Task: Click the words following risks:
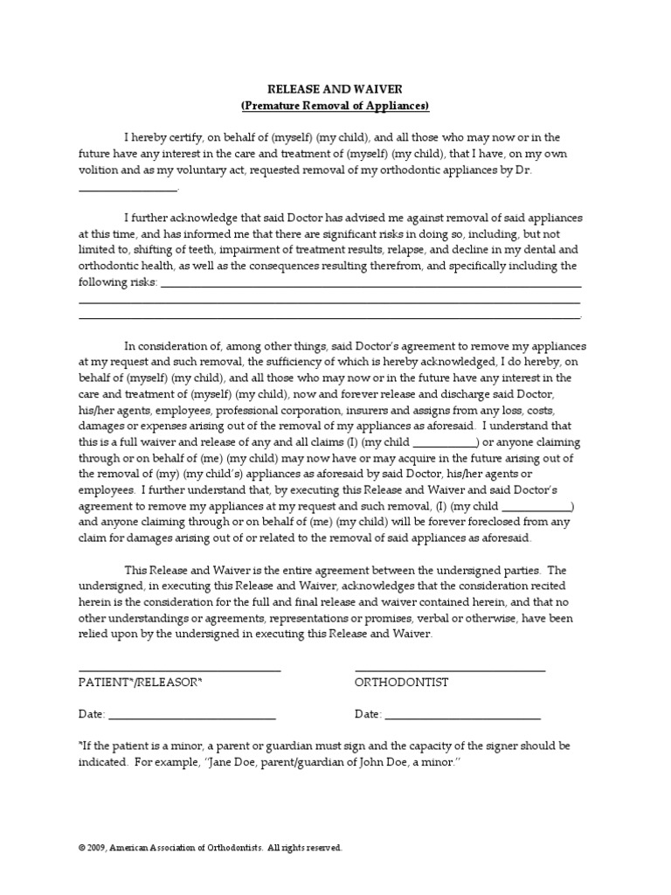point(117,282)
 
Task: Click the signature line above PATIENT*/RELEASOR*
point(179,670)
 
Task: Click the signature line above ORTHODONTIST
point(450,670)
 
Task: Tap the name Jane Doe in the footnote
point(277,763)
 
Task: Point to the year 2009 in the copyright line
point(96,848)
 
